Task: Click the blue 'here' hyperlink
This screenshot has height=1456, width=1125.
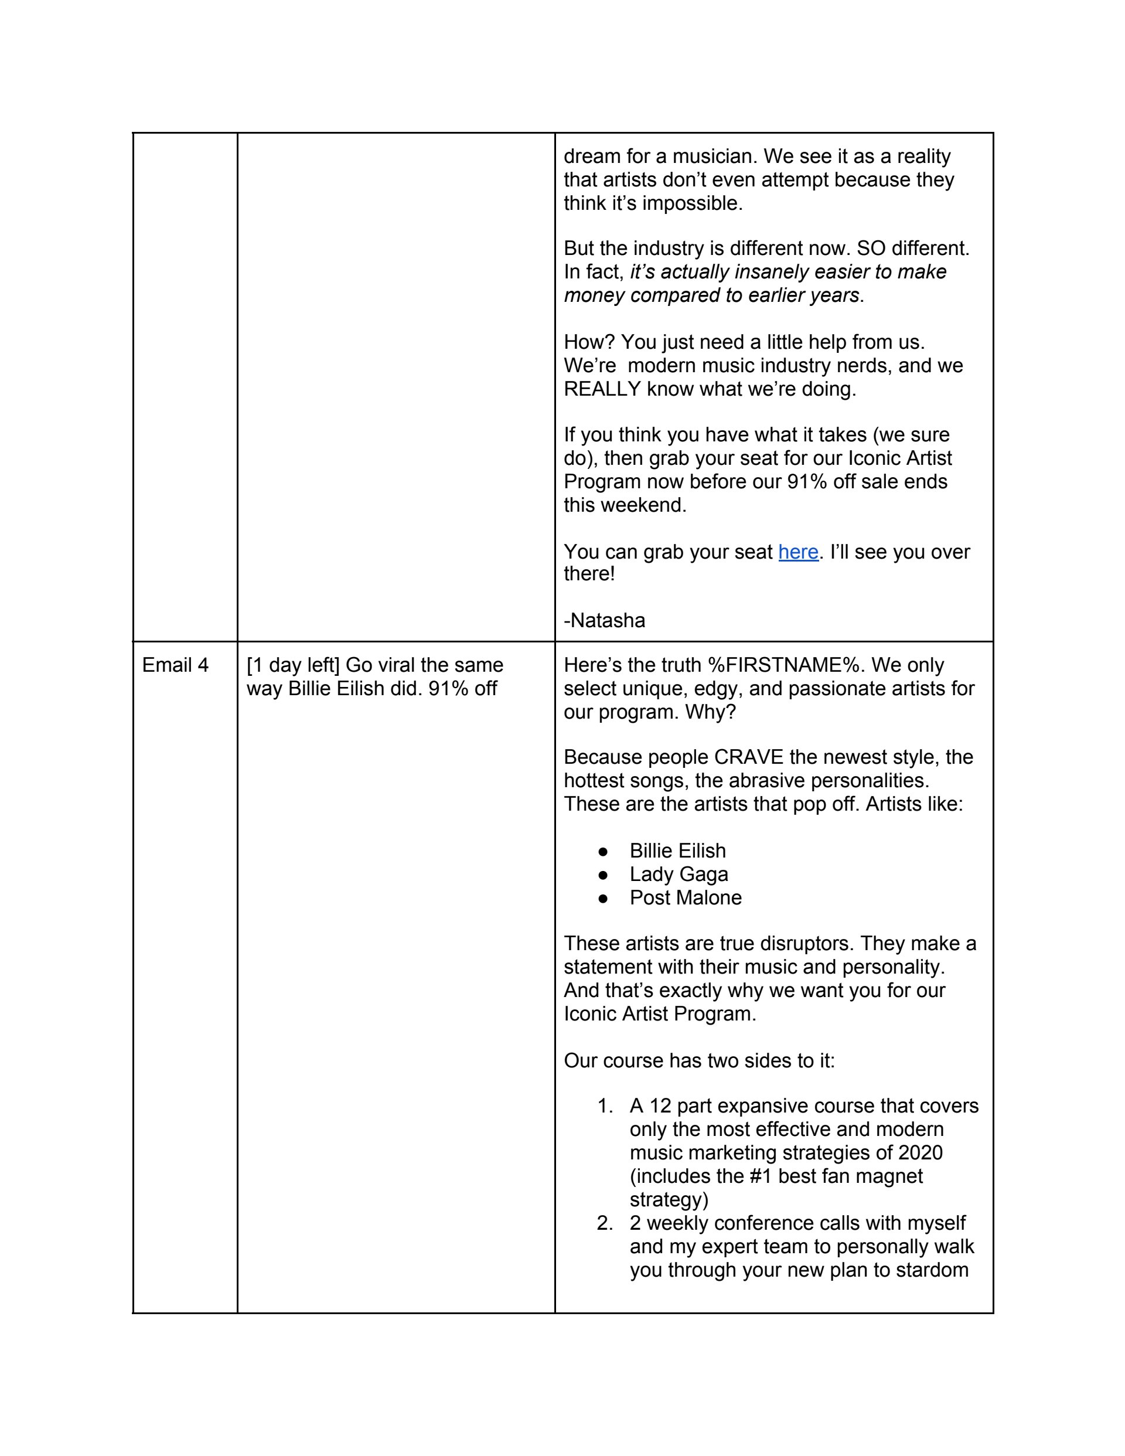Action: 798,552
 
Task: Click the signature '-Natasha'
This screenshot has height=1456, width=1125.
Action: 605,621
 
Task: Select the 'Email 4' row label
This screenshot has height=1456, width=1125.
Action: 175,665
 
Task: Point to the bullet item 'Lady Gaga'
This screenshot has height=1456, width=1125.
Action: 679,874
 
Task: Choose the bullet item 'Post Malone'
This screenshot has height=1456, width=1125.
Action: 685,897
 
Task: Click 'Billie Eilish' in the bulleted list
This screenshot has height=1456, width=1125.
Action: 677,851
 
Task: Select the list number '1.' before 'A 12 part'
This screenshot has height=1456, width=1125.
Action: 605,1106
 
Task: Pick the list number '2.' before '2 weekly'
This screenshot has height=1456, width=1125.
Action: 605,1223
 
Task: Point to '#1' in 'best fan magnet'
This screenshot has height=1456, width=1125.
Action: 760,1176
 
